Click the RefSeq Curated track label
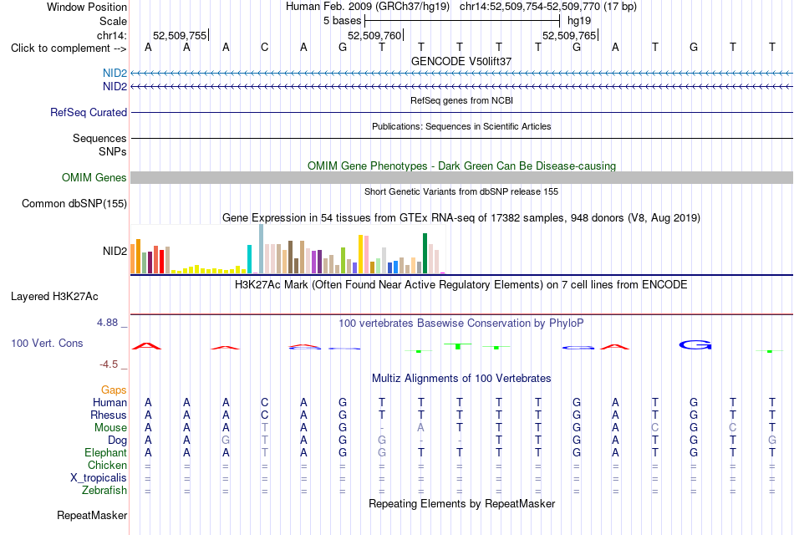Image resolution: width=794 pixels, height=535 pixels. point(88,113)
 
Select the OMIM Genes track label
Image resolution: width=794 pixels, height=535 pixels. point(94,177)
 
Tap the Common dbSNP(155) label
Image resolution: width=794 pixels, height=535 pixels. point(74,204)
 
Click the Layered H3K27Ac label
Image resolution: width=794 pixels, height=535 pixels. point(54,297)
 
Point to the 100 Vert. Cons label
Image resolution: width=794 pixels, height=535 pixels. point(47,343)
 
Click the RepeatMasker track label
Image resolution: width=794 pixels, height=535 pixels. point(92,515)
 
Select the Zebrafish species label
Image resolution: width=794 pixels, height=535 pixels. point(104,491)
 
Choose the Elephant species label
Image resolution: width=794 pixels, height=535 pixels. point(106,452)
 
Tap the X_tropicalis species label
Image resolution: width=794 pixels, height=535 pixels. point(99,478)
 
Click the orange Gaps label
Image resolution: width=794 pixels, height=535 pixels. point(114,390)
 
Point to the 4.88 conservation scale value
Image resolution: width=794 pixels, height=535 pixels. point(107,323)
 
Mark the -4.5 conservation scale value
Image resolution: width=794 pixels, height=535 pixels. point(109,364)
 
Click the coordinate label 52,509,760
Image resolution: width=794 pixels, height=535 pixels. point(374,35)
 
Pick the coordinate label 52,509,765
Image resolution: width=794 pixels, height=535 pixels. point(569,35)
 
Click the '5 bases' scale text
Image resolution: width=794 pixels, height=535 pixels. point(343,21)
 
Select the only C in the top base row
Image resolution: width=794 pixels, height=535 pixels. point(264,48)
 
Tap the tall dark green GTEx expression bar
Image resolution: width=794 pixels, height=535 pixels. point(425,253)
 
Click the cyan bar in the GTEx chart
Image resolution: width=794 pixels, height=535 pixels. point(249,259)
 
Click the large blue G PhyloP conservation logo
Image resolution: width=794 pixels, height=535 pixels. point(695,345)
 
